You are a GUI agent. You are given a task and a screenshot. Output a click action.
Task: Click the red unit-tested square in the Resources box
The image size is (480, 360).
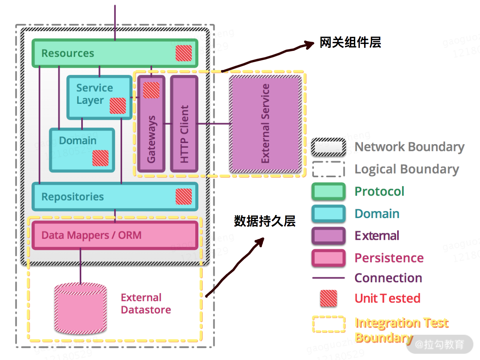[184, 53]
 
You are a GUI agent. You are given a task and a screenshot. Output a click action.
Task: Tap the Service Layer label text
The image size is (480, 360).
[95, 94]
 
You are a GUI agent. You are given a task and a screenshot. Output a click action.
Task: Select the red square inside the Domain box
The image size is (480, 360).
[100, 158]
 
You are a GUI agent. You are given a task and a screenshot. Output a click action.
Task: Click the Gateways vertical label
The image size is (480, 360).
[151, 139]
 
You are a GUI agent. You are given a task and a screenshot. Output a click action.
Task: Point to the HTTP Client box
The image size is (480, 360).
[184, 124]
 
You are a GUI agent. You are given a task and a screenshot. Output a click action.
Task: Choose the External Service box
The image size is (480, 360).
[265, 124]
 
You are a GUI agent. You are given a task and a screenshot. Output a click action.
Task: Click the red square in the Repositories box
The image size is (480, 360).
[184, 196]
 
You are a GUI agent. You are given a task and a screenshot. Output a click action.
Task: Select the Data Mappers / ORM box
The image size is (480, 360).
[115, 235]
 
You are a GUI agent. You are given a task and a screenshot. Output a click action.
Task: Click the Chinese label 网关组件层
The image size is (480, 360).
[350, 42]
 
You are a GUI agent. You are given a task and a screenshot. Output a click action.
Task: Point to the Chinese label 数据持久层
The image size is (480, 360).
[265, 221]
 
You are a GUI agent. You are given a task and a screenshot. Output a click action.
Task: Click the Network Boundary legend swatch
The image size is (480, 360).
[329, 147]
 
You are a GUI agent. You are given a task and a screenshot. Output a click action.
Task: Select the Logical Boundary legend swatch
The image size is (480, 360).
[329, 169]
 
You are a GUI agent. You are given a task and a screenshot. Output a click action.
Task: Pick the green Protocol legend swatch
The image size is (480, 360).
[329, 191]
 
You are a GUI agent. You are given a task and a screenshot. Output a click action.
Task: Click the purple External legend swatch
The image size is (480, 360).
[329, 236]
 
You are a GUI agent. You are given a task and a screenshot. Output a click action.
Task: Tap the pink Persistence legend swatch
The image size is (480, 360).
[329, 258]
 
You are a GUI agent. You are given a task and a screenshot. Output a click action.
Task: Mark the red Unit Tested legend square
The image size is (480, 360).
[328, 299]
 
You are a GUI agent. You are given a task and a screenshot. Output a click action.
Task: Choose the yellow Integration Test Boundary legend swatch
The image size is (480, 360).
[329, 324]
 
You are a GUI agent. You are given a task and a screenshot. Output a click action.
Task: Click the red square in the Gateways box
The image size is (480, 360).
[151, 90]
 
